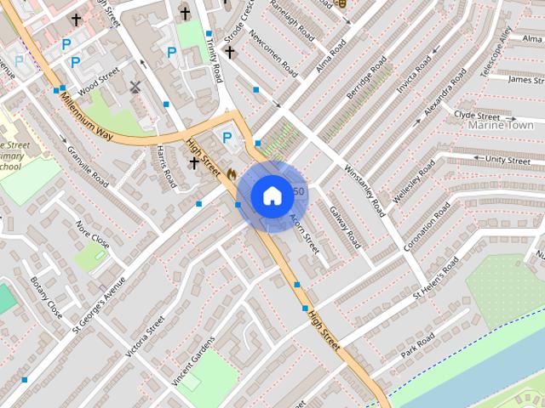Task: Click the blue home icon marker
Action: [271, 195]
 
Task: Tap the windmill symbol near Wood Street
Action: [134, 86]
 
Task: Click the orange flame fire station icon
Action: [232, 173]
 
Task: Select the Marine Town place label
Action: [501, 126]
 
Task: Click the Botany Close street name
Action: [46, 297]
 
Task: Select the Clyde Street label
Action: [476, 115]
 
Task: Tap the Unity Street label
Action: [507, 160]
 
